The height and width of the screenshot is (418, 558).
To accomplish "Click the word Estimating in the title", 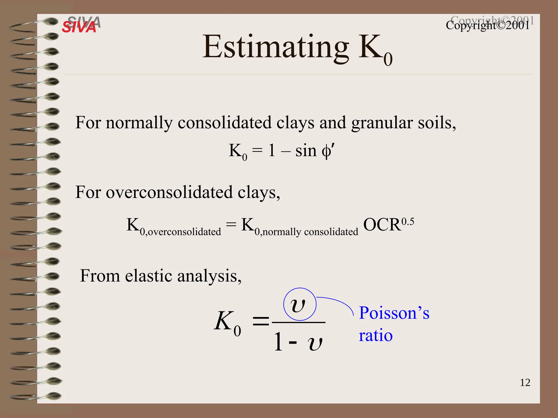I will click(x=275, y=47).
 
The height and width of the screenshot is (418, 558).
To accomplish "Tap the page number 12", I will click(x=525, y=383).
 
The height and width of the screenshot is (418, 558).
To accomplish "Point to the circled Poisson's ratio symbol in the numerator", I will click(x=299, y=305).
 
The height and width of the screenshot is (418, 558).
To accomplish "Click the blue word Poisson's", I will click(x=394, y=313).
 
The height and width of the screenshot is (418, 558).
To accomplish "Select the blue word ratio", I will click(x=376, y=335).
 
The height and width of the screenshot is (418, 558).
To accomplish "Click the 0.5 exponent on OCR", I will click(x=408, y=222).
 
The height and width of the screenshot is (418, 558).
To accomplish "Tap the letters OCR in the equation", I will click(x=382, y=225).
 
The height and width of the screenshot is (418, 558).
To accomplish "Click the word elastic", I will click(x=149, y=276).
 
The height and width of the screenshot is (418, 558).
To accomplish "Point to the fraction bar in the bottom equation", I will click(x=299, y=322).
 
